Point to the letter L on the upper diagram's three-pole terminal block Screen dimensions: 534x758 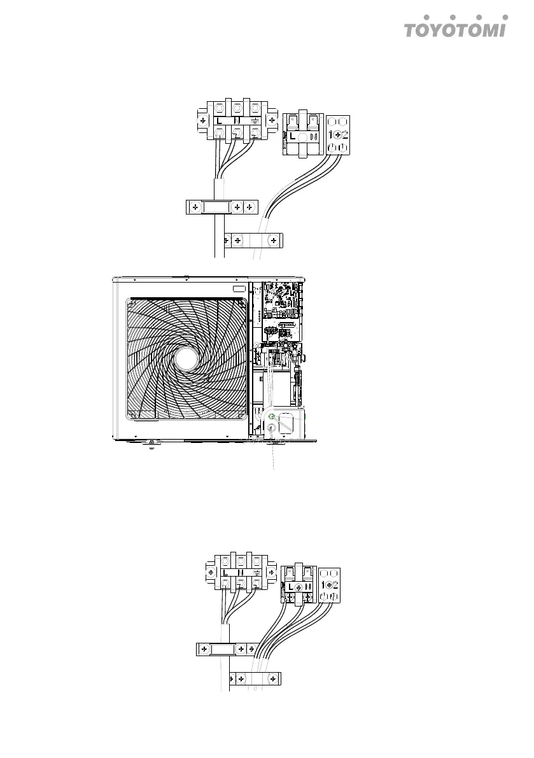coord(219,120)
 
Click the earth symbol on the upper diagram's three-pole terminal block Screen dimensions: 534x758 coord(254,120)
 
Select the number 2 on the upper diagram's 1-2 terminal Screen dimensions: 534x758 coord(345,135)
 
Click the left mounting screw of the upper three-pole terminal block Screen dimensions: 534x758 coord(202,120)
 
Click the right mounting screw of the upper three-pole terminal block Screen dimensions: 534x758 coord(271,120)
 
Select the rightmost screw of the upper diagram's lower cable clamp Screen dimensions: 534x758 coord(273,240)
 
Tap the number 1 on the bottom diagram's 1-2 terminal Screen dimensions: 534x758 coord(324,584)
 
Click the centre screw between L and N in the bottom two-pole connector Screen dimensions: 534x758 coord(299,586)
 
